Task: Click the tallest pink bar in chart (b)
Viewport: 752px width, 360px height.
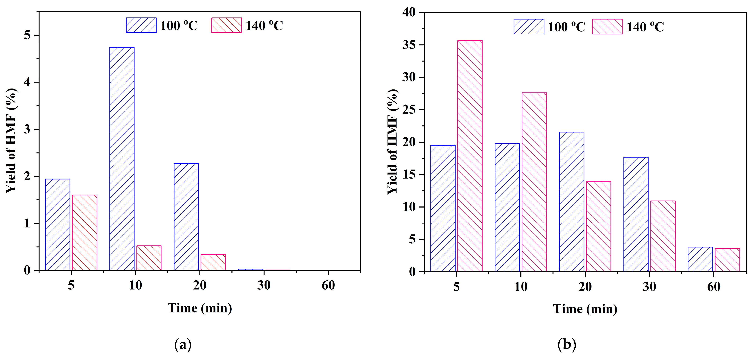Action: tap(470, 156)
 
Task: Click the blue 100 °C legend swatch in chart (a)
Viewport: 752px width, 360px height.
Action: tap(141, 25)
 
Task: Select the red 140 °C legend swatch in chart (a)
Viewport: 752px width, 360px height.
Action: tap(226, 25)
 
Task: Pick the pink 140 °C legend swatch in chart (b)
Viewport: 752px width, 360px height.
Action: tap(607, 27)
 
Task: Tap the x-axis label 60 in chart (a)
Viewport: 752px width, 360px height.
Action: tap(328, 285)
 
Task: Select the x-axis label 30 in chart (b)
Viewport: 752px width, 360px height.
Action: tap(649, 287)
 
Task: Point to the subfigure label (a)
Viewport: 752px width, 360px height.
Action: tap(183, 345)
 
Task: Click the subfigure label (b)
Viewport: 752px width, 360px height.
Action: tap(567, 345)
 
